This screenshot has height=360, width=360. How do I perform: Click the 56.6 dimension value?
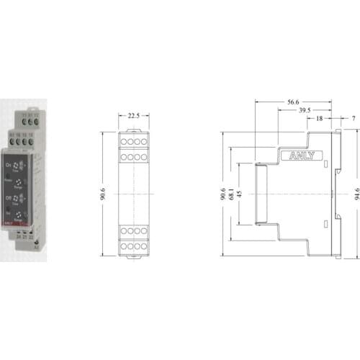pyautogui.click(x=292, y=103)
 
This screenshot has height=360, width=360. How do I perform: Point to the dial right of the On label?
pyautogui.click(x=22, y=164)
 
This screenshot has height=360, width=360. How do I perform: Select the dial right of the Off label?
pyautogui.click(x=22, y=195)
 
